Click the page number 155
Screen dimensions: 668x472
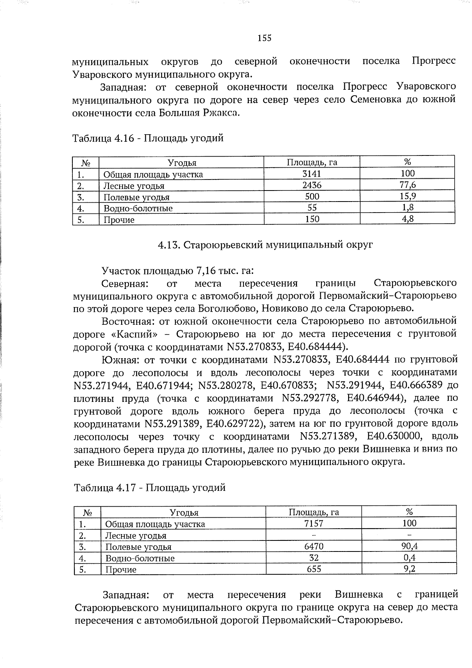coord(264,38)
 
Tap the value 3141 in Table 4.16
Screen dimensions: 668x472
coord(312,174)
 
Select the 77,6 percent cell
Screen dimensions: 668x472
coord(407,185)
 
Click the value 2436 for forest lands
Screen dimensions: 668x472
coord(312,185)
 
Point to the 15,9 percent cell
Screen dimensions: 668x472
coord(407,196)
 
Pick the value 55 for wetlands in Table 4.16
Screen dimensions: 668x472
coord(312,207)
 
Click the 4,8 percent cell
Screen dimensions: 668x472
coord(407,219)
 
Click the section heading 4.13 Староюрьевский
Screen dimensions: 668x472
coord(265,245)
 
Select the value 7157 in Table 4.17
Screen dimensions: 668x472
coord(313,523)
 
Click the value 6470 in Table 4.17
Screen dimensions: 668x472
coord(313,546)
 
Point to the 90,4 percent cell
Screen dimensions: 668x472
coord(409,546)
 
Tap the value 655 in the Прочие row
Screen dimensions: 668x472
coord(313,569)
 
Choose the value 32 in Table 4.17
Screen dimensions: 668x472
coord(313,557)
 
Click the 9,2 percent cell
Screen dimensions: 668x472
coord(409,569)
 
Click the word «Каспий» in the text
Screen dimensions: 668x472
coord(132,334)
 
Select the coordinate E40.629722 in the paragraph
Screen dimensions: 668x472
coord(231,424)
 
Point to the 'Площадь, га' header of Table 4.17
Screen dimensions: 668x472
coord(313,512)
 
